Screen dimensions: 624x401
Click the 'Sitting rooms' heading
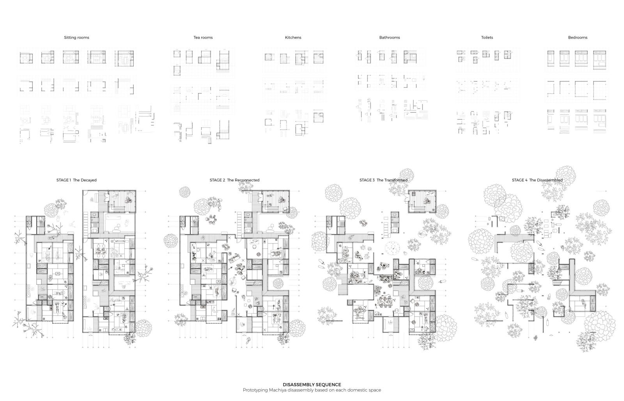click(76, 37)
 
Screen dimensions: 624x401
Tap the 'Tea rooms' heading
click(203, 37)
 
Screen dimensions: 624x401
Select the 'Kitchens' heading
click(293, 37)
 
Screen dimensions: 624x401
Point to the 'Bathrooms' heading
click(390, 37)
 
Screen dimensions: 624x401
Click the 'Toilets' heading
click(487, 37)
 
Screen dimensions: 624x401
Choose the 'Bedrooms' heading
click(578, 37)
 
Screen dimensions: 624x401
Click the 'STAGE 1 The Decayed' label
click(76, 180)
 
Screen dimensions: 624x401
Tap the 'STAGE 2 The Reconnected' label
click(234, 180)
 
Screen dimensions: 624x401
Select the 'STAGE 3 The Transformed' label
click(383, 180)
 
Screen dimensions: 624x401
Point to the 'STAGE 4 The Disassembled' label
click(537, 180)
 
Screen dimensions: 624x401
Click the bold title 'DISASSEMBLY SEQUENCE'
click(312, 385)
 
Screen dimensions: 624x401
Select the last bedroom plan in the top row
click(599, 59)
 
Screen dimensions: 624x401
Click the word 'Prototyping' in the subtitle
click(255, 390)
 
